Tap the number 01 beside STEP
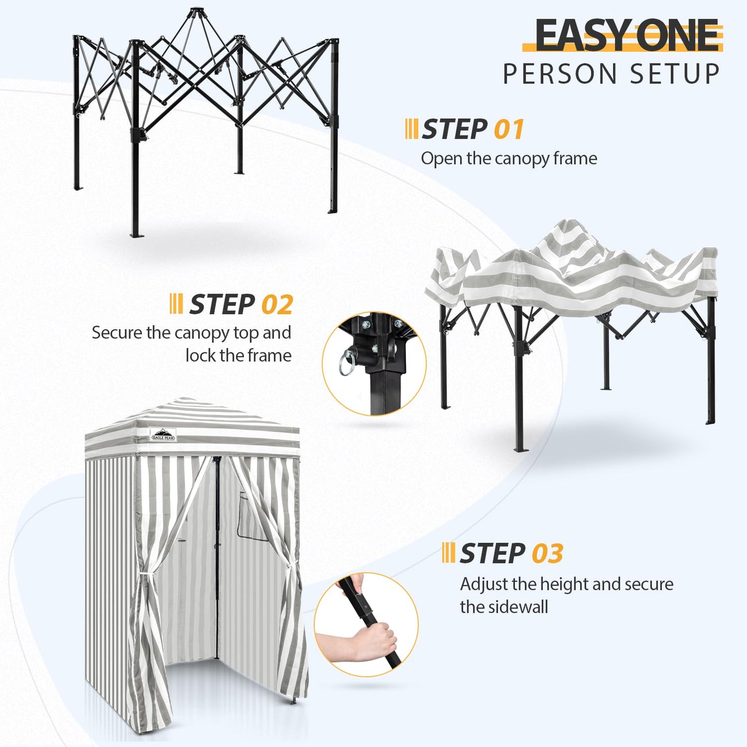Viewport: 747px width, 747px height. tap(509, 129)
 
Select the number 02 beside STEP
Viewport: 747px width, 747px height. tap(277, 304)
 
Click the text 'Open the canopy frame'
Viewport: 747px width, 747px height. tap(509, 158)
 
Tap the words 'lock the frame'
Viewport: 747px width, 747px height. tap(238, 356)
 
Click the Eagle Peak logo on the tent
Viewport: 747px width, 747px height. tap(163, 435)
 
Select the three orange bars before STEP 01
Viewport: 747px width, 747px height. tap(411, 129)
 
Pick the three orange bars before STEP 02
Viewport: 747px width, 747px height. tap(176, 304)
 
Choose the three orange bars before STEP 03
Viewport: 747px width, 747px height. tap(448, 553)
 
